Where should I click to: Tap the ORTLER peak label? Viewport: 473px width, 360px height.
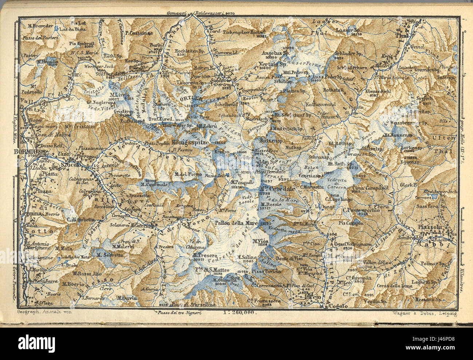(189, 99)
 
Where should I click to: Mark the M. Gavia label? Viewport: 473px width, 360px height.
(126, 298)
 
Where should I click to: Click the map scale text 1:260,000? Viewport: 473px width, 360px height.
(240, 312)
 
